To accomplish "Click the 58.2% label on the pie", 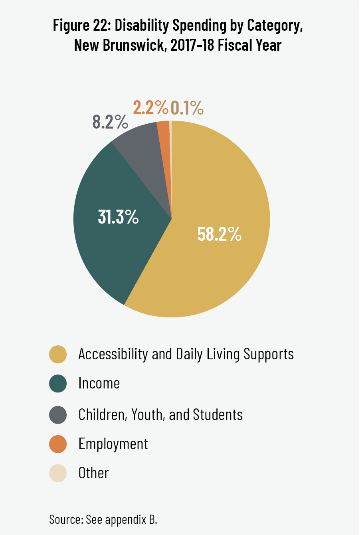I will tap(219, 234).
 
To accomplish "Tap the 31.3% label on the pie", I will tap(118, 217).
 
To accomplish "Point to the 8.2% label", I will tap(110, 122).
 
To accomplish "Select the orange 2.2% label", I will tap(150, 107).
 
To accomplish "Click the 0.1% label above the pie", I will tap(187, 108).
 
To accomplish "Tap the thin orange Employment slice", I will tap(164, 136).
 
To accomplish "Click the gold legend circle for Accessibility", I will tap(58, 355).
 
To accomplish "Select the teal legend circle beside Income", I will tap(58, 384).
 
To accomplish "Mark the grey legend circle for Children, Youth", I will tap(58, 415).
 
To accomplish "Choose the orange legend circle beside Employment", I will tap(58, 444).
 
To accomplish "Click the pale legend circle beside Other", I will tap(58, 474).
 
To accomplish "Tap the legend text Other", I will tap(93, 474).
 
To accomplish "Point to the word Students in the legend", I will tap(218, 415).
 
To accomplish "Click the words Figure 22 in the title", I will tap(81, 26).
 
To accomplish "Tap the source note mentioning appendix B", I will tap(103, 519).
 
